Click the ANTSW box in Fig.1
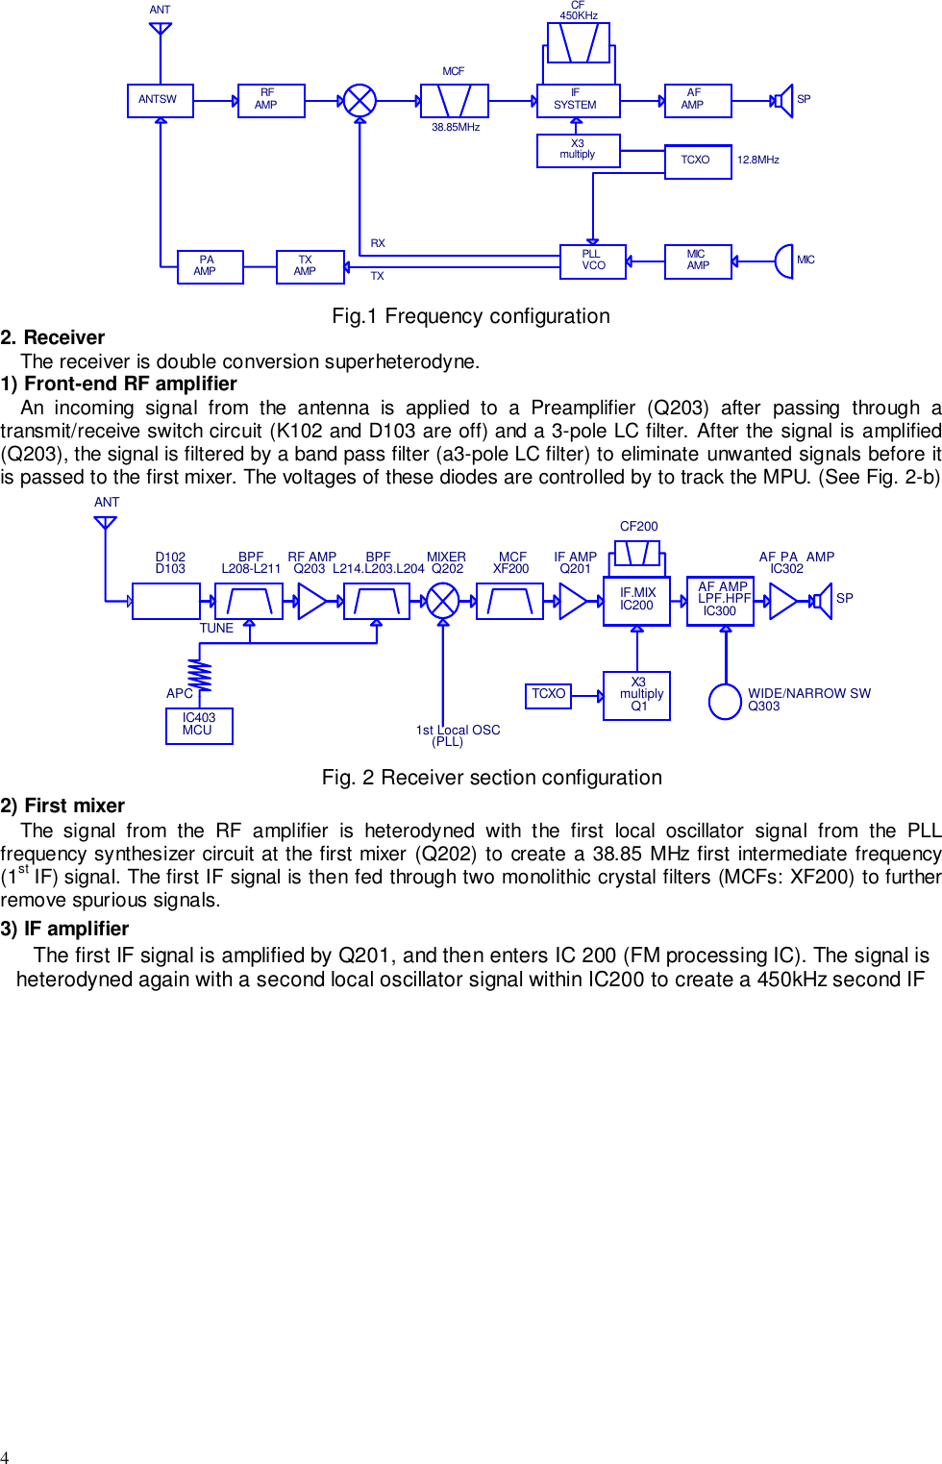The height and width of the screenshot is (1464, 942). click(160, 100)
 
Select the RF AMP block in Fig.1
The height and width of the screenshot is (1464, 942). click(271, 100)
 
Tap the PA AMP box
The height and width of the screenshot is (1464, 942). click(210, 266)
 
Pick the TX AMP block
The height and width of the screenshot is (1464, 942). click(310, 266)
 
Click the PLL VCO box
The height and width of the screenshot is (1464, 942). click(592, 261)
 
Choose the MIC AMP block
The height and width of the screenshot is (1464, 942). click(698, 261)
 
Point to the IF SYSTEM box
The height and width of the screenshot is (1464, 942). click(578, 100)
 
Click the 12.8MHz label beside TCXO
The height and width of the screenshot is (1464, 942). click(757, 161)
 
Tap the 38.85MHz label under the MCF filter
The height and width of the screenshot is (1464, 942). click(456, 128)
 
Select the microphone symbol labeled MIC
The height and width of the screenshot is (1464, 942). click(784, 261)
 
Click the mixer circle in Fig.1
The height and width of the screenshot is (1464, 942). click(359, 100)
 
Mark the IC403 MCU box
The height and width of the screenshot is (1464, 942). click(199, 725)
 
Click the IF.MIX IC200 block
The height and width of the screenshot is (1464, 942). click(636, 600)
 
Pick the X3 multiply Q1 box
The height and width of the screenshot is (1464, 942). click(636, 695)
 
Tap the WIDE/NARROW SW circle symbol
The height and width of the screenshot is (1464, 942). click(725, 701)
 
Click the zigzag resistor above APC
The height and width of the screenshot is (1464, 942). click(200, 674)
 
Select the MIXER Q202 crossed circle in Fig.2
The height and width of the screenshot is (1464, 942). click(442, 601)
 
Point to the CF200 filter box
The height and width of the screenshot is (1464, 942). click(637, 554)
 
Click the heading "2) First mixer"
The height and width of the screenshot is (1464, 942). click(63, 806)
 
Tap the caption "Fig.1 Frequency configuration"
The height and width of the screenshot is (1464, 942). click(470, 316)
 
